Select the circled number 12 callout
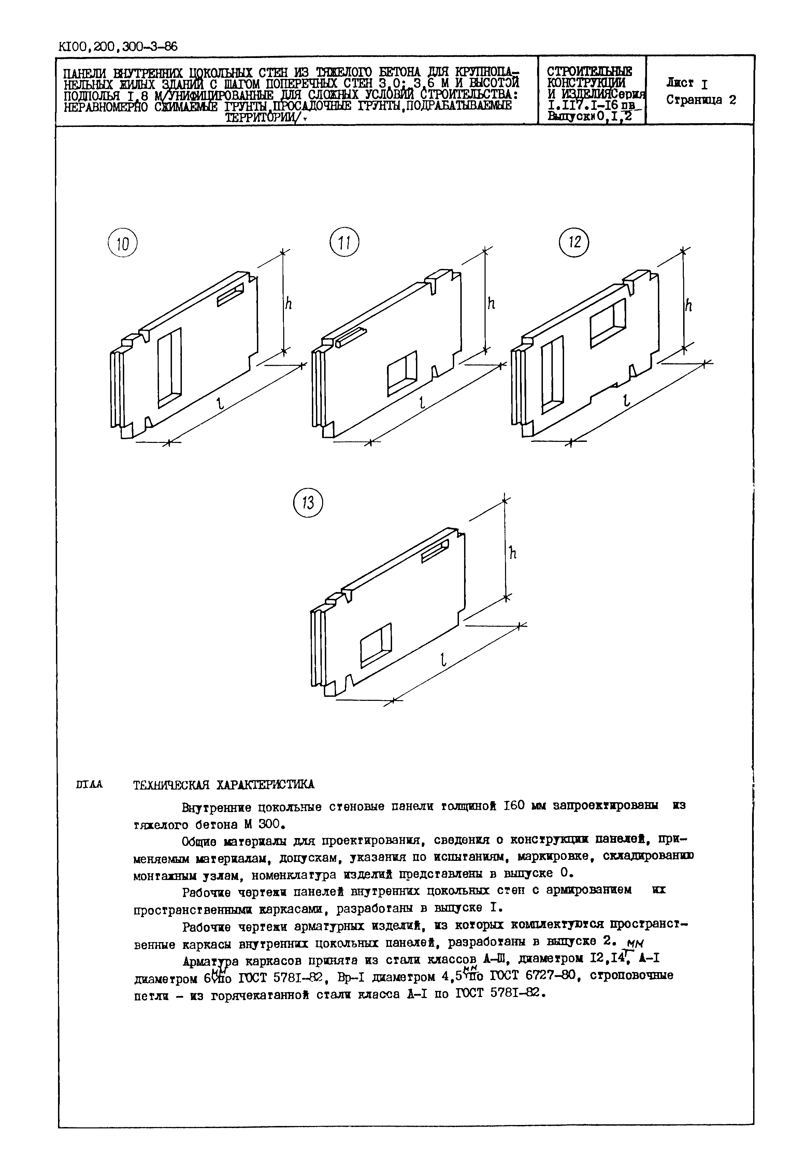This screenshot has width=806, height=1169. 575,242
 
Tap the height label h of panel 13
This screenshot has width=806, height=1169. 512,553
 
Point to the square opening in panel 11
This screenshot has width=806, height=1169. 402,373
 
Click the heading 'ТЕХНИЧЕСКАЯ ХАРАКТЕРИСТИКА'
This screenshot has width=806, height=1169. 223,784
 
